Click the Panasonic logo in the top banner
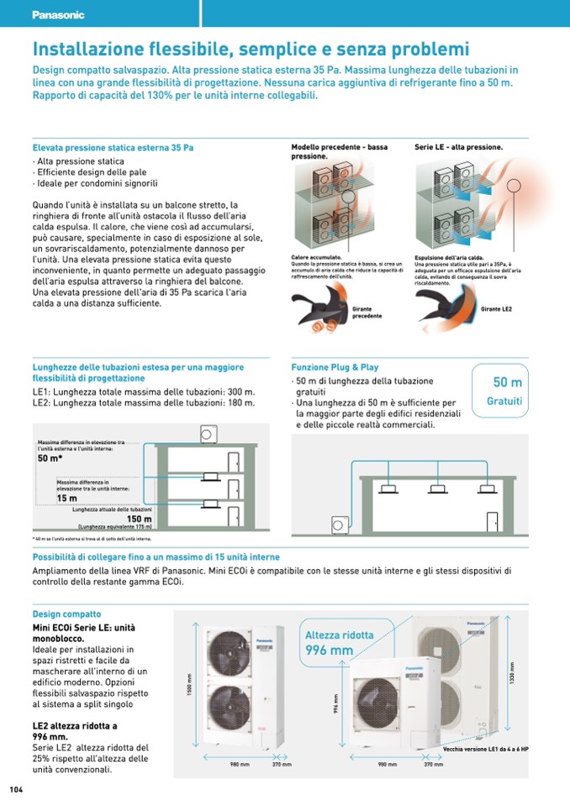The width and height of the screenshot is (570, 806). [x=59, y=14]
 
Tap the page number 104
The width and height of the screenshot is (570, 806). [x=16, y=789]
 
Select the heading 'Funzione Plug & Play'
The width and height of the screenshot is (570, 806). [x=335, y=367]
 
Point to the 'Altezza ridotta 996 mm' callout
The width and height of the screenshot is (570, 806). [x=339, y=642]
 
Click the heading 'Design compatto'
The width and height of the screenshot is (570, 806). [x=66, y=614]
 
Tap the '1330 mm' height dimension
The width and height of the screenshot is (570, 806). [x=511, y=672]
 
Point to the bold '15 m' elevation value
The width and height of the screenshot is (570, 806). [x=66, y=498]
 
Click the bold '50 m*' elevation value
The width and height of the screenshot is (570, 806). [x=50, y=458]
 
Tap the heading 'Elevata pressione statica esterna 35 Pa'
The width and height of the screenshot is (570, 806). [x=113, y=147]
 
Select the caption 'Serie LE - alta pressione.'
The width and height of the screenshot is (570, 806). [x=458, y=147]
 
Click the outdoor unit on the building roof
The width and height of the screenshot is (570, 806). [x=208, y=435]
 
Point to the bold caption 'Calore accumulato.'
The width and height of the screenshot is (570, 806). [x=316, y=256]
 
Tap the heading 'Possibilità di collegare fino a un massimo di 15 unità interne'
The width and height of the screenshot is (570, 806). [x=156, y=557]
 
